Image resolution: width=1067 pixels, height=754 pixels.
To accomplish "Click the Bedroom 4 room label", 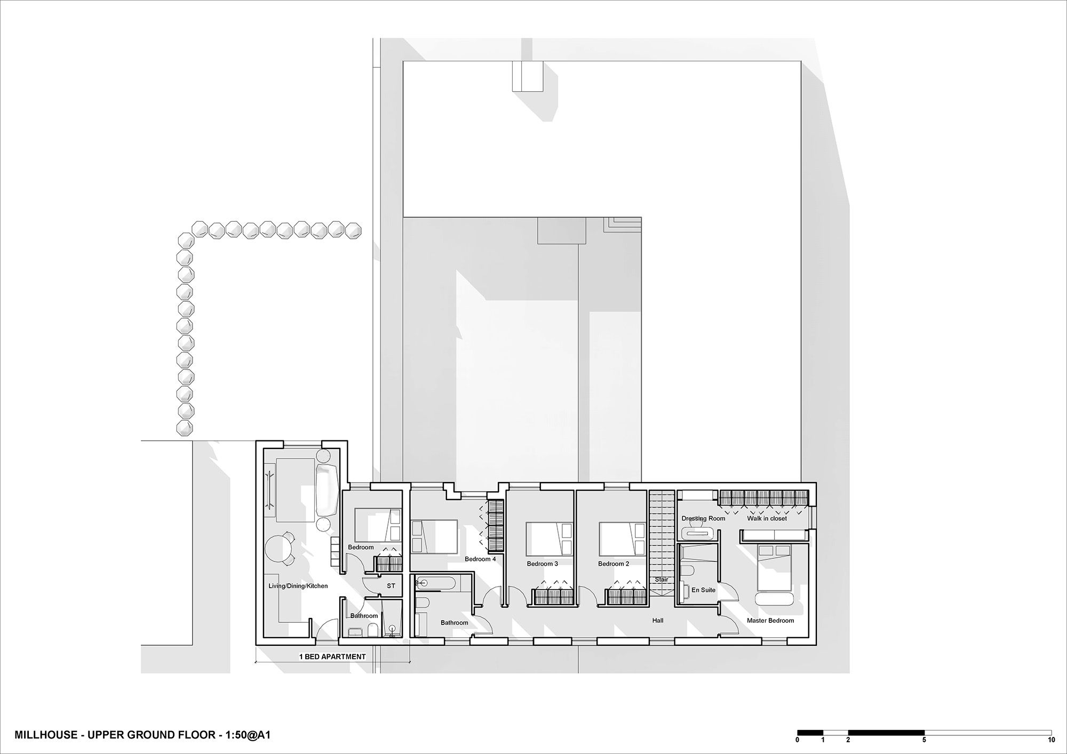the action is click(480, 559).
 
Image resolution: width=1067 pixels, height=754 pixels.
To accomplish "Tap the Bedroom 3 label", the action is click(543, 564).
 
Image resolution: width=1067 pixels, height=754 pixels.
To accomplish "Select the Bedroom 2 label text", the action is click(614, 564).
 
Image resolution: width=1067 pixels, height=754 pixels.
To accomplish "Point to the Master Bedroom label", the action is click(770, 620).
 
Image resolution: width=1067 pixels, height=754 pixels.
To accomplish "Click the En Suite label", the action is click(703, 590).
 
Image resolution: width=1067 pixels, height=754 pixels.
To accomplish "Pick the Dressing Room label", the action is click(703, 518).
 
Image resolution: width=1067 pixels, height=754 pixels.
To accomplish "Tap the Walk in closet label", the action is click(767, 518).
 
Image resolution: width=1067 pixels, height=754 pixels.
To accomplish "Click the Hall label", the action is click(658, 620).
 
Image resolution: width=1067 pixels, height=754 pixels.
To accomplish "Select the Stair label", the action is click(661, 580).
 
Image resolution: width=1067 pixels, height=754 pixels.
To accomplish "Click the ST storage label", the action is click(391, 585).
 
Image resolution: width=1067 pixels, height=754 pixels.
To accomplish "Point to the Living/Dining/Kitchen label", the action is click(298, 586).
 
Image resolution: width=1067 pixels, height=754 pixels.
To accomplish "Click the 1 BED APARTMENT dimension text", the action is click(332, 656).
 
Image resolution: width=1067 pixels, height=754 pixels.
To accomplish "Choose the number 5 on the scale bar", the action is click(925, 740).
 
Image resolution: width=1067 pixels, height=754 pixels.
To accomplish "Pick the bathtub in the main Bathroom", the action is click(435, 582).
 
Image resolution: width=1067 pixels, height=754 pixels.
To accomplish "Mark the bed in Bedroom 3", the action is click(550, 538).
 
